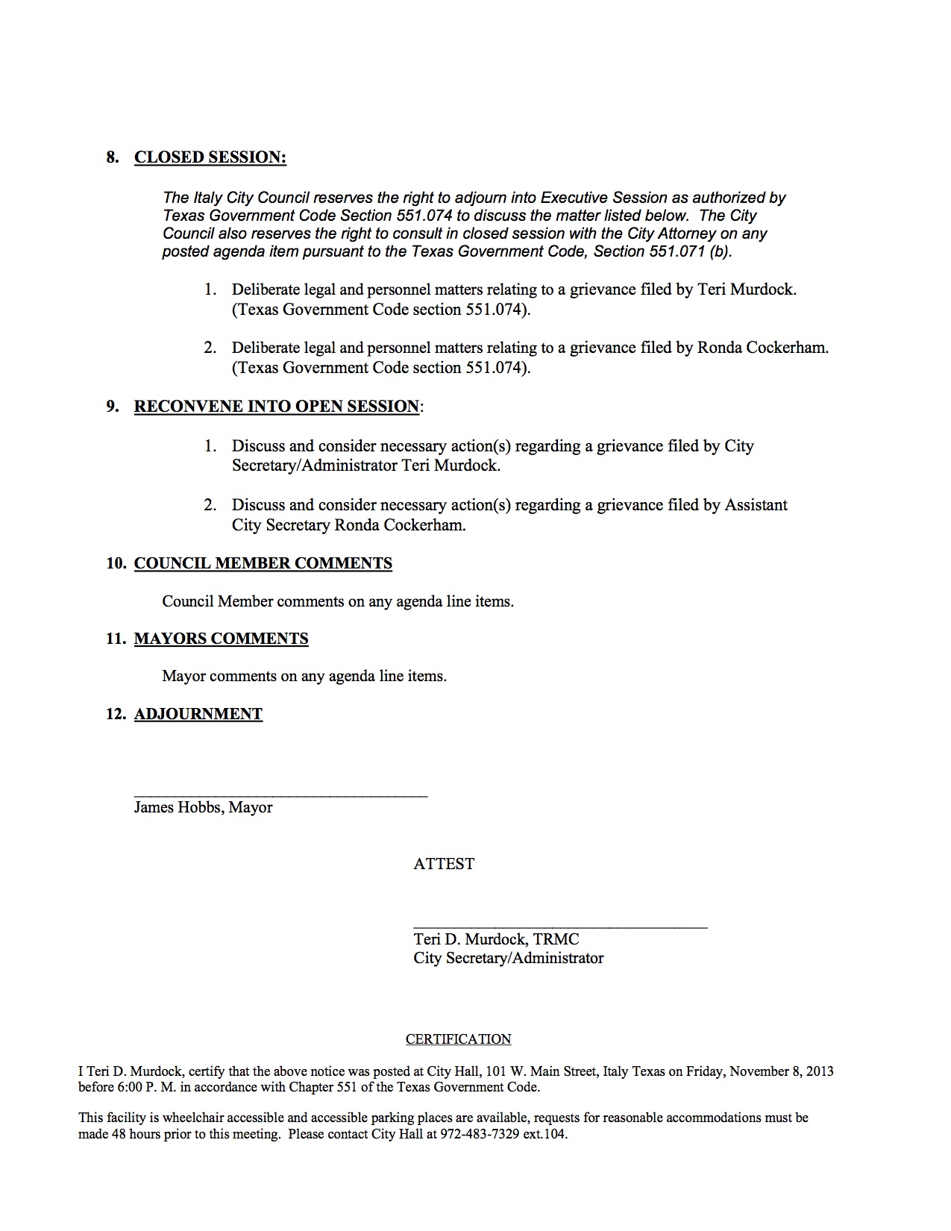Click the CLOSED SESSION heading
tap(210, 157)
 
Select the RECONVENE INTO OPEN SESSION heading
tap(277, 407)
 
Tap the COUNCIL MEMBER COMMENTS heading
tap(263, 563)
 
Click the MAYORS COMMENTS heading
tap(221, 639)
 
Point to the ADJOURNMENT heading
tap(198, 714)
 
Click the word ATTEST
tap(444, 864)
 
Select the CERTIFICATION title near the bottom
tap(458, 1039)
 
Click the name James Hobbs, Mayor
tap(203, 807)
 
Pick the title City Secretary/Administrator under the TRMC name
tap(509, 958)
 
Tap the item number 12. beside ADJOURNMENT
tap(116, 714)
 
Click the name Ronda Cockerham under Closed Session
tap(762, 348)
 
